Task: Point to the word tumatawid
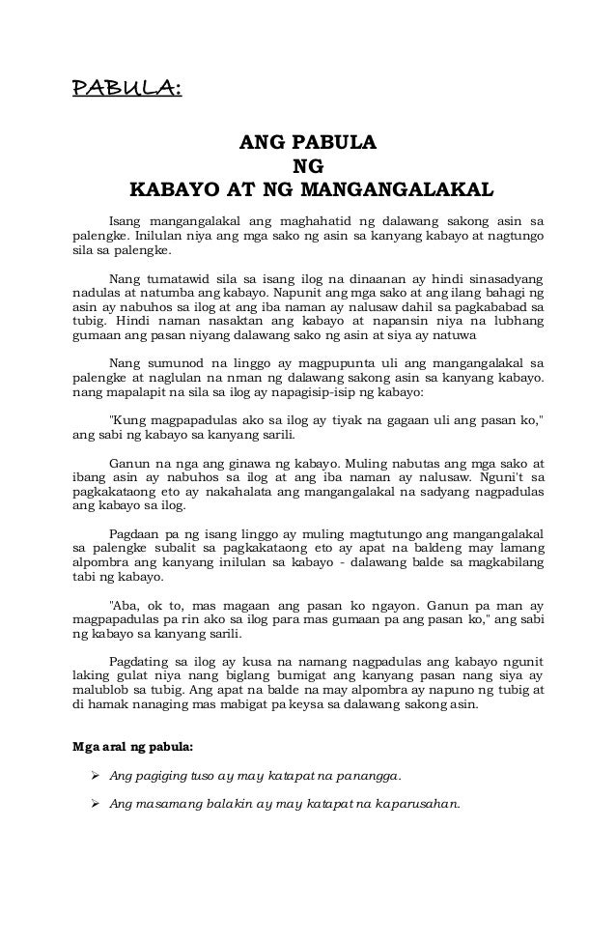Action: click(180, 275)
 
